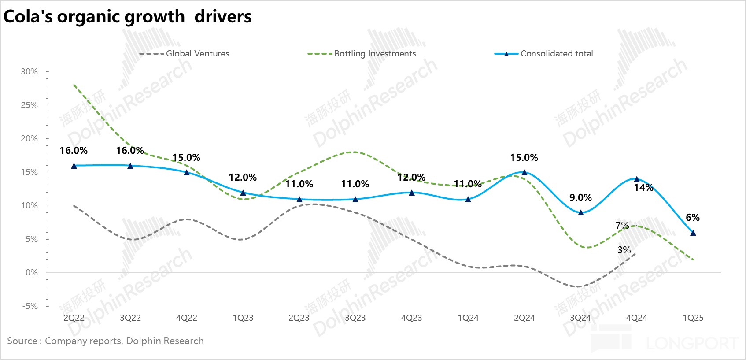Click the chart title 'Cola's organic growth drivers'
tap(127, 17)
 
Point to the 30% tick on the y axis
tap(30, 72)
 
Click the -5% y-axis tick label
tap(30, 306)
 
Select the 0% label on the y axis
tap(32, 273)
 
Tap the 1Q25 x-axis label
tap(693, 318)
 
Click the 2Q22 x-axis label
tap(74, 318)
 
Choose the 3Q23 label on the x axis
tap(355, 318)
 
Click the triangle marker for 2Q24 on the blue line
tap(524, 173)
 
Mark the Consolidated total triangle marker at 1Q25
tap(693, 233)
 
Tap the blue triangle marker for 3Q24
tap(581, 212)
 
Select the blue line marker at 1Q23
tap(243, 193)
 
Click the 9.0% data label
tap(580, 198)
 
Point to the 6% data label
tap(693, 218)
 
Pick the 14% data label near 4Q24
tap(643, 188)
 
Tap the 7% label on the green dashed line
tap(622, 226)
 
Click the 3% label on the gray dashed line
tap(624, 250)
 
